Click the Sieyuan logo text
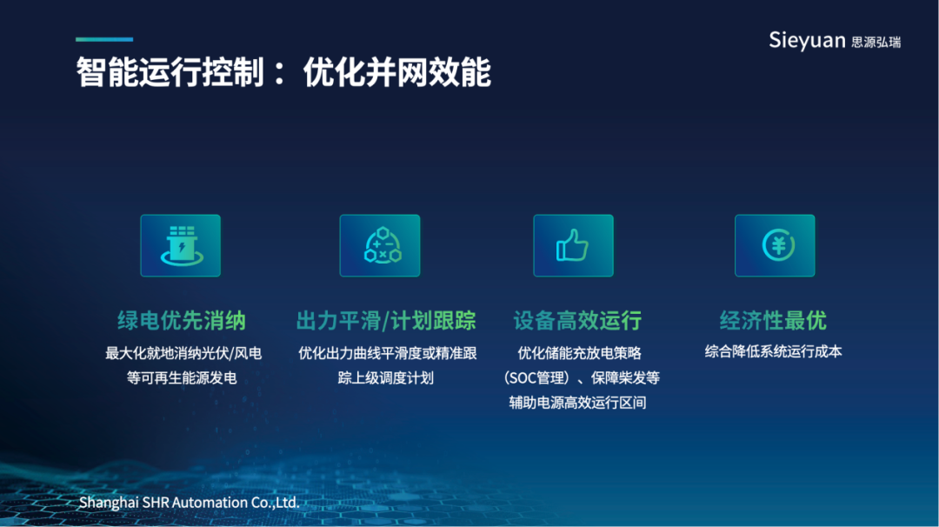point(807,41)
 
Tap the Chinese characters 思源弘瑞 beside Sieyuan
point(876,42)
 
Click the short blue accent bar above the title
point(104,39)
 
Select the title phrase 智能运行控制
point(170,72)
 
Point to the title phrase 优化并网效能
point(397,72)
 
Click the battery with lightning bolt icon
point(181,245)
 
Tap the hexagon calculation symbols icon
point(383,245)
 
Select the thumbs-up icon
point(572,245)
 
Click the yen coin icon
point(778,245)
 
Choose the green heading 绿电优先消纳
point(182,320)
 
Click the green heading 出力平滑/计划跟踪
point(386,320)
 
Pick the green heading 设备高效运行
point(577,320)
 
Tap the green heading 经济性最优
point(773,320)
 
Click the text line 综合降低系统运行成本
point(773,351)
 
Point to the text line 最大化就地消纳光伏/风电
point(183,353)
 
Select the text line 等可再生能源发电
point(182,378)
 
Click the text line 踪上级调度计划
point(386,378)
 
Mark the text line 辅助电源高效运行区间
point(577,403)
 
